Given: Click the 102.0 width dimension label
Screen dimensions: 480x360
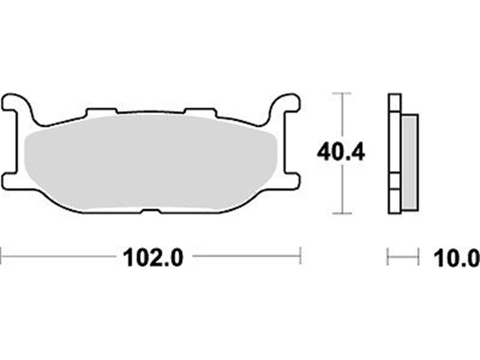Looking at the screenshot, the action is pyautogui.click(x=153, y=258).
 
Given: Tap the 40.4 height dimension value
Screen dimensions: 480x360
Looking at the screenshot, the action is pyautogui.click(x=340, y=152).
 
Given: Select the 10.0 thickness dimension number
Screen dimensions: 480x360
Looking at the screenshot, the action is pyautogui.click(x=457, y=258).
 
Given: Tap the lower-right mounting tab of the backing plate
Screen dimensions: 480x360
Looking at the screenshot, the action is pyautogui.click(x=289, y=181).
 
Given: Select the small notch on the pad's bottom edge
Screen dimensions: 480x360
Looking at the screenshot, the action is pyautogui.click(x=151, y=211).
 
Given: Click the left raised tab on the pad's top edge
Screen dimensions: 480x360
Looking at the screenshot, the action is pyautogui.click(x=101, y=112).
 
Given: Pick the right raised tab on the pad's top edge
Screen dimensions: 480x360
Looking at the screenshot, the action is pyautogui.click(x=200, y=112).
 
